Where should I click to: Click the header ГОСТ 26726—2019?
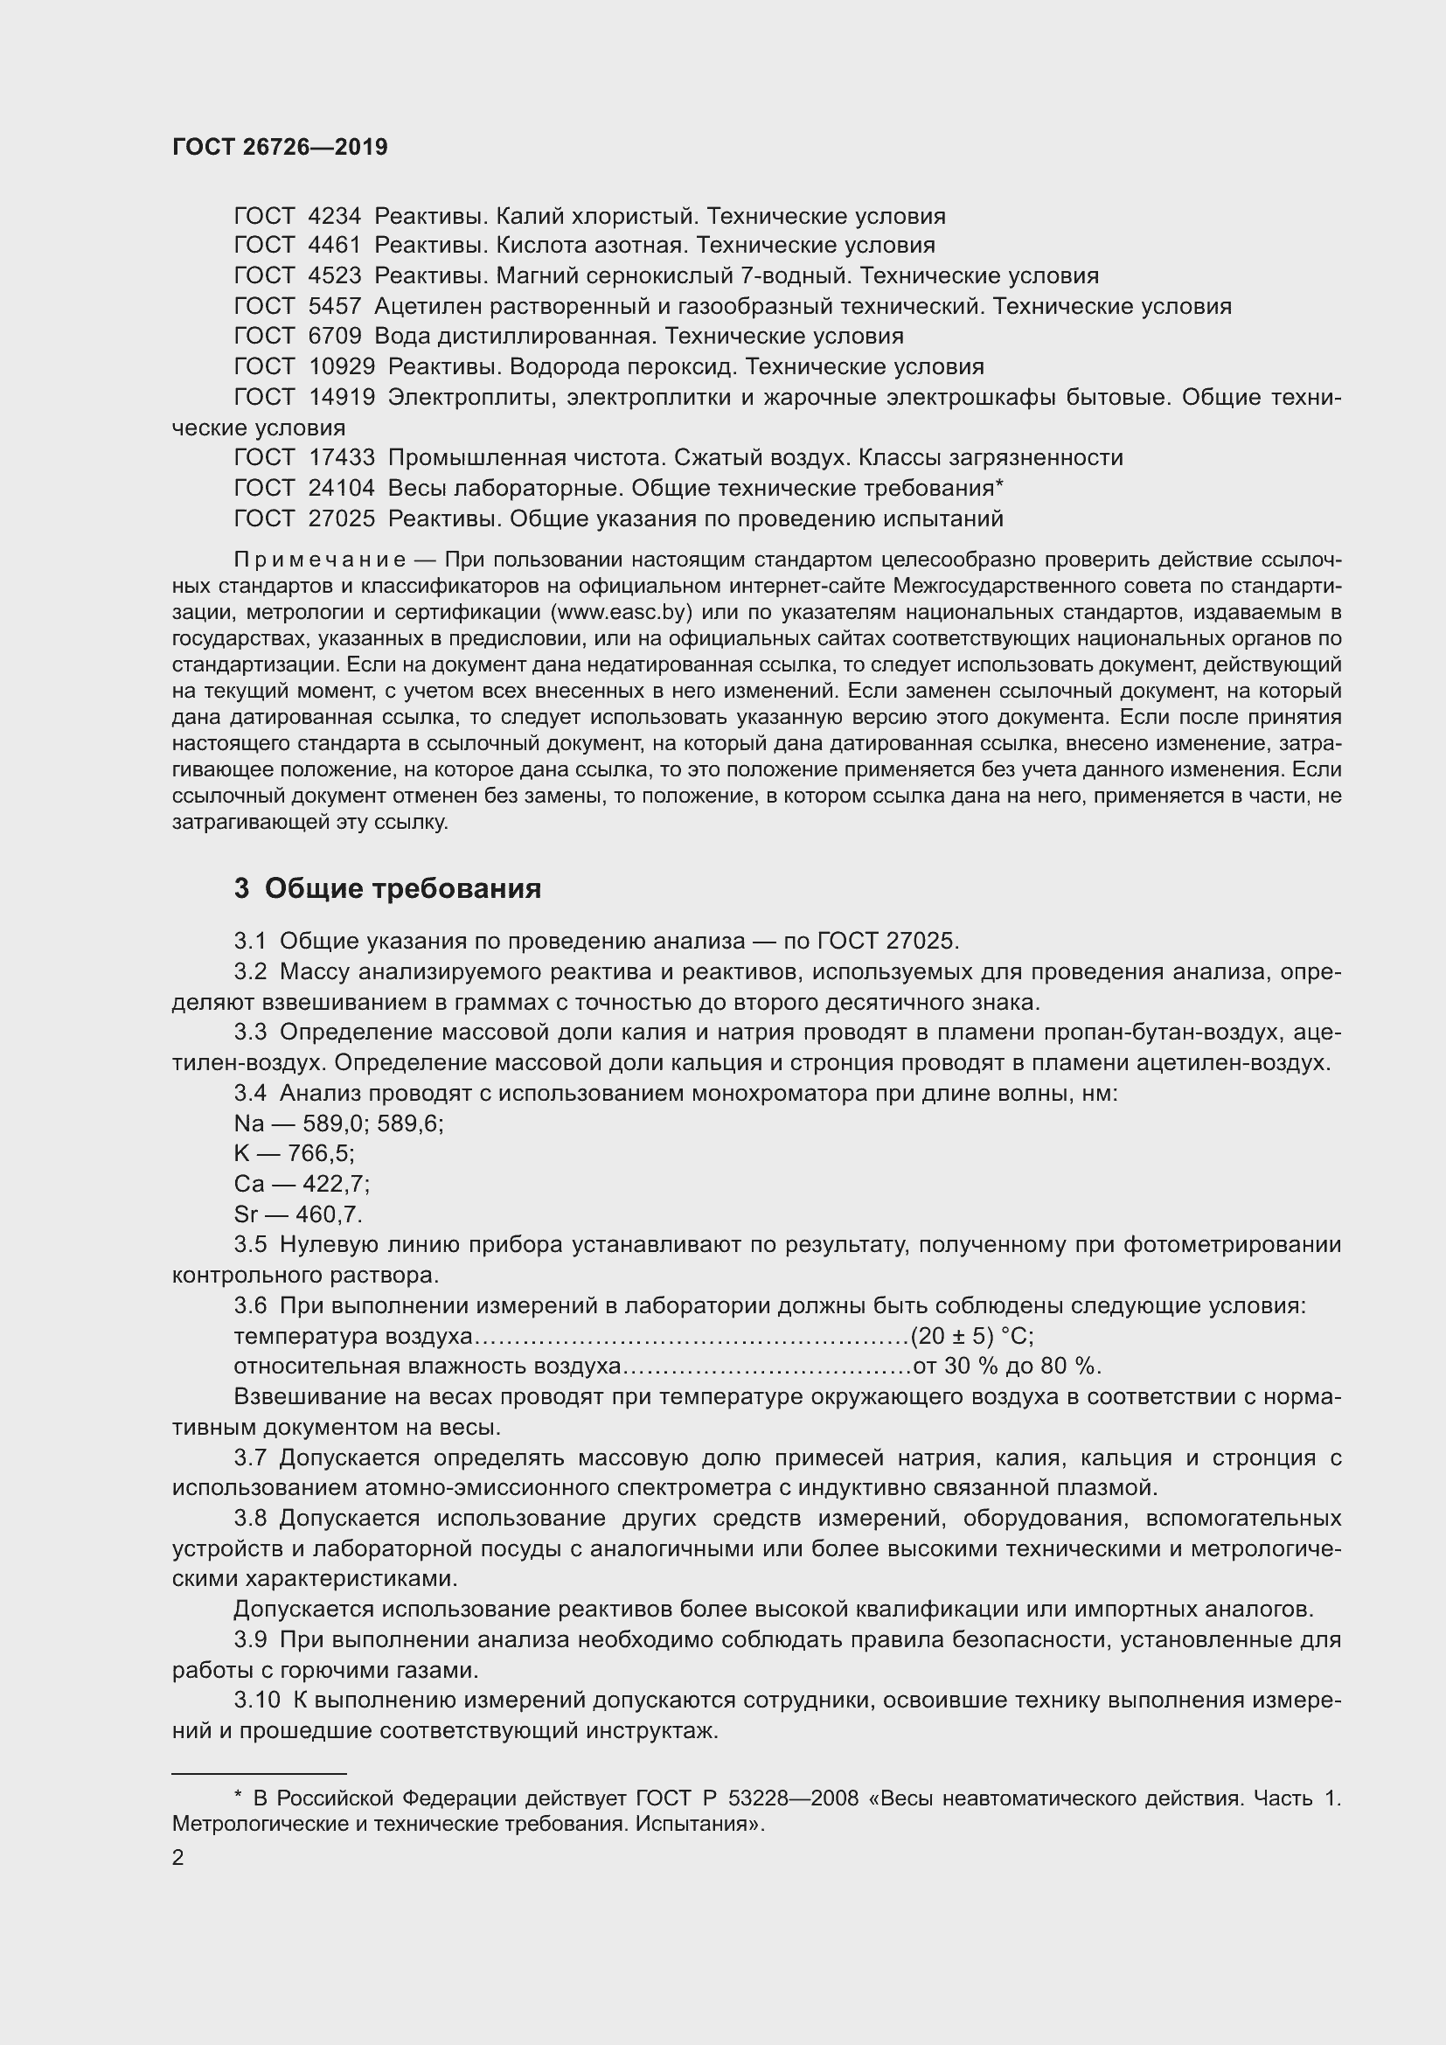click(x=280, y=148)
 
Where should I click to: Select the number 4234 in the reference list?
click(x=334, y=217)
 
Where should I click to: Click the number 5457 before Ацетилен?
click(x=334, y=306)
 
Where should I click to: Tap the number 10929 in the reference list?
click(x=341, y=367)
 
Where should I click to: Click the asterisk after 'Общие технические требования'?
click(x=999, y=485)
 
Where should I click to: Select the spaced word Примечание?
click(x=320, y=560)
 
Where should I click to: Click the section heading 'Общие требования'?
click(x=402, y=889)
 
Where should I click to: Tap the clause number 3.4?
click(x=249, y=1093)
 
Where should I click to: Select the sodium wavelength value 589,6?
click(x=409, y=1124)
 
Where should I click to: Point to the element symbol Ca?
click(x=248, y=1185)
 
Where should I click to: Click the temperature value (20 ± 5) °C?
click(x=971, y=1336)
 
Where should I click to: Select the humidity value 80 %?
click(x=1074, y=1367)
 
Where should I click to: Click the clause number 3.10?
click(x=256, y=1701)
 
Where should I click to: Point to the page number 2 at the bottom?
click(x=178, y=1858)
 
